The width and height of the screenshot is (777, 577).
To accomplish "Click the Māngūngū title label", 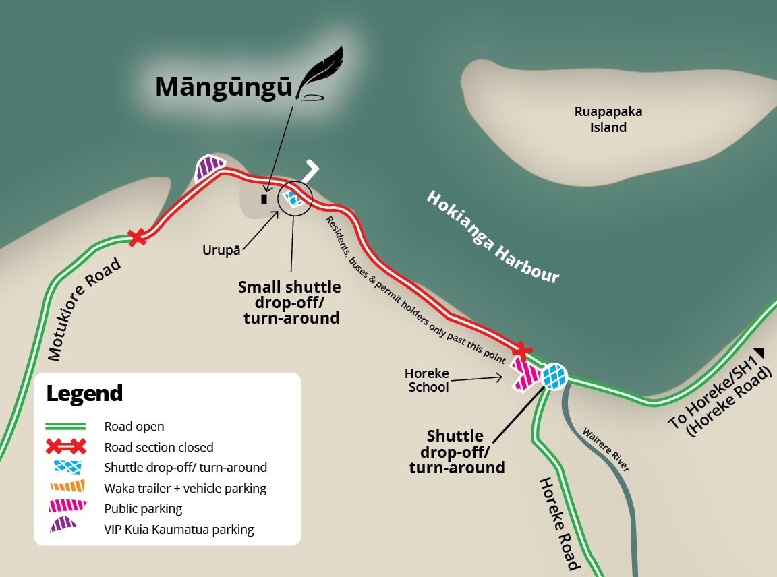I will click(x=223, y=87).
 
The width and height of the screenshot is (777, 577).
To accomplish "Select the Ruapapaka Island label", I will click(x=608, y=119).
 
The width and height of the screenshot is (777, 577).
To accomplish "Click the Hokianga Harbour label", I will click(x=493, y=237).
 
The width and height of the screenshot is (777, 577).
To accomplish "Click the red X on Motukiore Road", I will click(x=138, y=237).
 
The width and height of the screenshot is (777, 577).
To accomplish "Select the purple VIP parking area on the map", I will click(x=209, y=167).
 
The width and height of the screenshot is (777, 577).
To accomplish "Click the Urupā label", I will click(x=221, y=250).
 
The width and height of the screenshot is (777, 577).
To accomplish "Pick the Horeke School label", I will click(x=427, y=380).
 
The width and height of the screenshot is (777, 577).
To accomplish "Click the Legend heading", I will click(x=84, y=393).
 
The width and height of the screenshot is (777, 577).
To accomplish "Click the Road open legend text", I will click(x=134, y=426).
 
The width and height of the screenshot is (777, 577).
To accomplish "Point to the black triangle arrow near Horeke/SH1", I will click(x=760, y=351).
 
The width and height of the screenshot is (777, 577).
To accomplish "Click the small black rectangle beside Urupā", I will click(x=264, y=199).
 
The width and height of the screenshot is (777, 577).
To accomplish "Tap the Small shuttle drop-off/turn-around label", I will click(x=290, y=303).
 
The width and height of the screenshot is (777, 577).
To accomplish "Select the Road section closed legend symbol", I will click(x=65, y=446).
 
